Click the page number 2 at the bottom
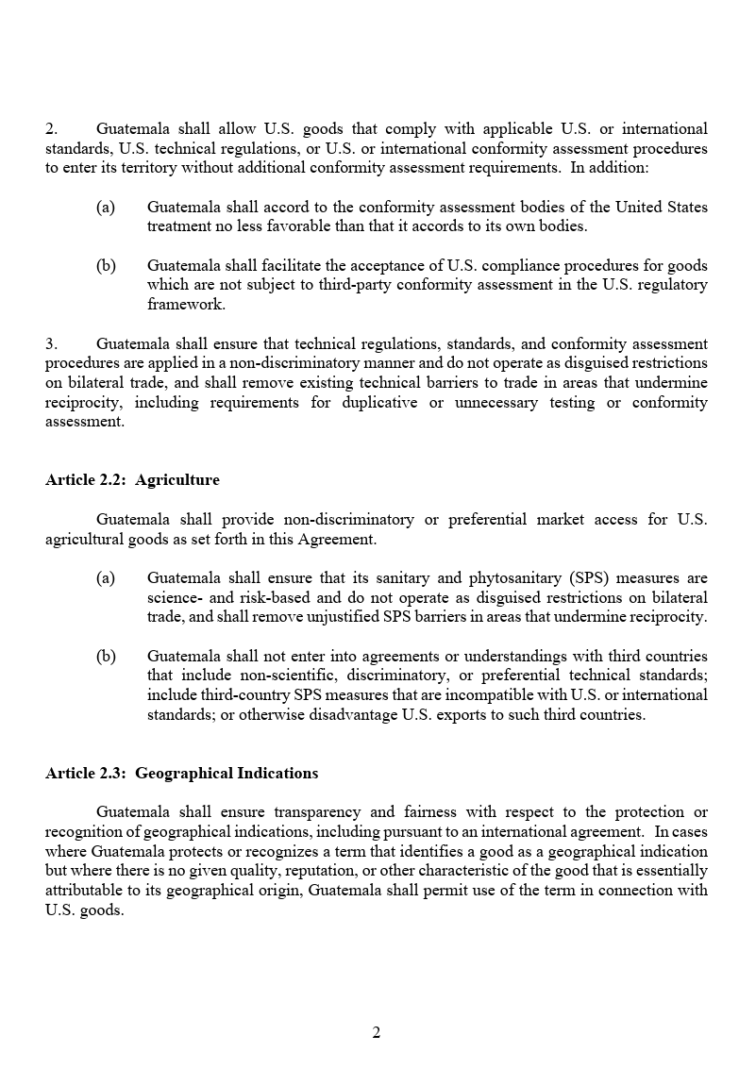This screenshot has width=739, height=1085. (376, 1033)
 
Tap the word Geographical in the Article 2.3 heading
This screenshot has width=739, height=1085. (183, 774)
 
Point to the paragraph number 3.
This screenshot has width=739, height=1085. (51, 343)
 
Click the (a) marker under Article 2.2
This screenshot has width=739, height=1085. (106, 578)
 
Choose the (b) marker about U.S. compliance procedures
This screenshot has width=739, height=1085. (106, 266)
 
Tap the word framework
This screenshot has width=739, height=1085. (186, 305)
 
